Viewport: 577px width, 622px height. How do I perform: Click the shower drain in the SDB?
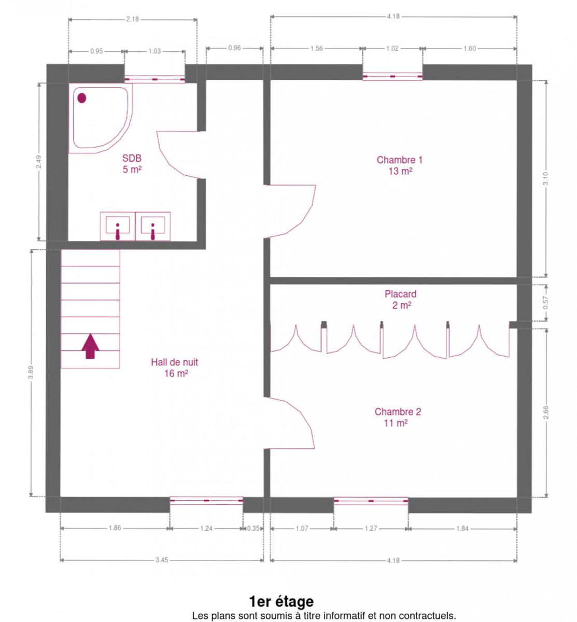(82, 98)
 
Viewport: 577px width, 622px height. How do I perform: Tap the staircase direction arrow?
(90, 346)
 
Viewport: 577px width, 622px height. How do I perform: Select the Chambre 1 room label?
(400, 165)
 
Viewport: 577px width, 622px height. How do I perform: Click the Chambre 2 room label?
(397, 417)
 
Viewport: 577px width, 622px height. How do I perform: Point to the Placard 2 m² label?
(400, 300)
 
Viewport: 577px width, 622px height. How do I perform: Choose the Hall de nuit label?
(175, 367)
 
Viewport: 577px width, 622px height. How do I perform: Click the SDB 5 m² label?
(132, 163)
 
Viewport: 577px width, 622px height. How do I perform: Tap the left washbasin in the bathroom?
(118, 226)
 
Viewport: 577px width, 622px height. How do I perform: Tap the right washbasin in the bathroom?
(153, 226)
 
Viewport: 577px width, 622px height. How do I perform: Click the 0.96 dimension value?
(234, 48)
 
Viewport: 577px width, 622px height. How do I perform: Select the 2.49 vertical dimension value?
(38, 162)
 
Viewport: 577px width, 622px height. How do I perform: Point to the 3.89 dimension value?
(31, 372)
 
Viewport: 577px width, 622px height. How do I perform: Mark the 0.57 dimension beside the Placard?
(546, 303)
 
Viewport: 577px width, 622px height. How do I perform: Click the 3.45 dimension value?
(162, 560)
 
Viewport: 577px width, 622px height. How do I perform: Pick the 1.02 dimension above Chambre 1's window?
(392, 48)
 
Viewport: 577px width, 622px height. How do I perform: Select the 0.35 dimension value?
(253, 528)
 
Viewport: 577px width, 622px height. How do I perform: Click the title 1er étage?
(282, 601)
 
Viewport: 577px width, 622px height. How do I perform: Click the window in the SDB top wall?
(154, 79)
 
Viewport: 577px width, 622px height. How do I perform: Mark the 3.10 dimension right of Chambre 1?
(546, 179)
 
